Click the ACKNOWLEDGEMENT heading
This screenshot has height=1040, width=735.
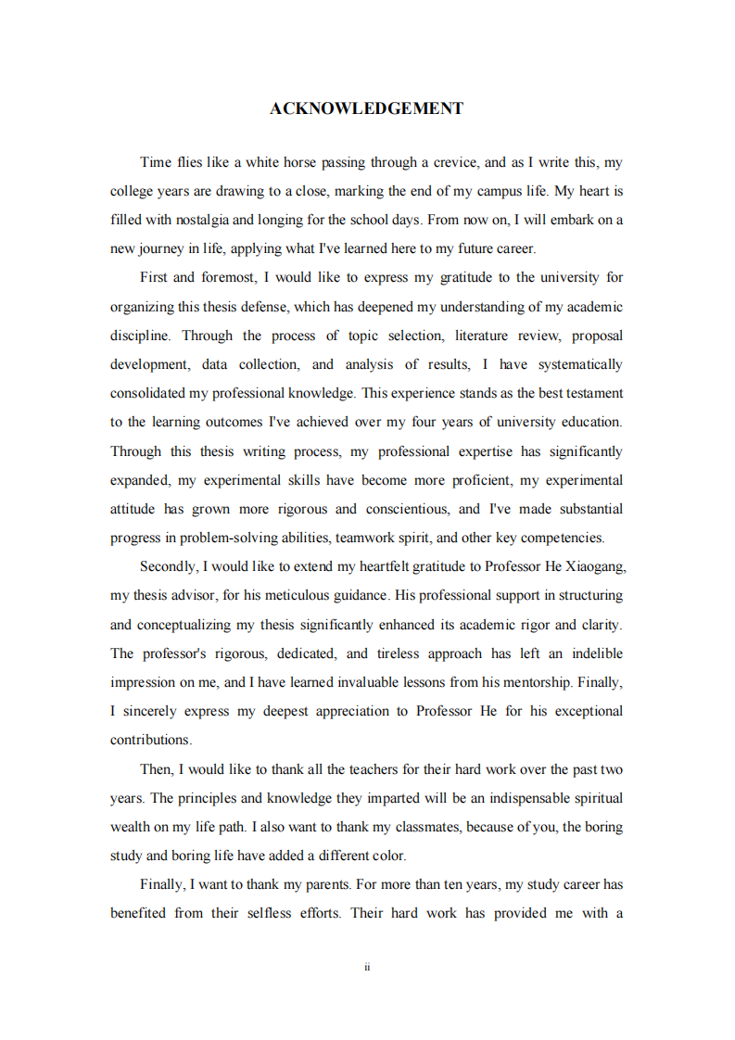click(366, 108)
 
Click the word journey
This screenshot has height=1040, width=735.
click(166, 248)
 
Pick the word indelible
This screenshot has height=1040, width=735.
click(597, 653)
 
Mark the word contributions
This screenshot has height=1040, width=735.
click(150, 740)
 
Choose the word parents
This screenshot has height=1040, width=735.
click(326, 883)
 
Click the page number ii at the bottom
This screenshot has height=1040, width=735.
click(367, 967)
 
